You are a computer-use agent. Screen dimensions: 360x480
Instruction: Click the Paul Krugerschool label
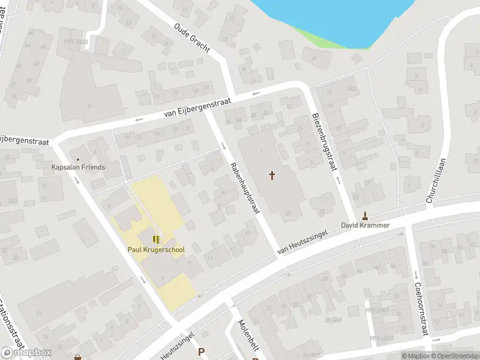(156, 250)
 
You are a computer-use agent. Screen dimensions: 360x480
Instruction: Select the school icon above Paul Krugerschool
(156, 240)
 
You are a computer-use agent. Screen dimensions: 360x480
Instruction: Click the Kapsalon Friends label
(78, 167)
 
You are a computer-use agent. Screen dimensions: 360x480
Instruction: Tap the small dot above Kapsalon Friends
(78, 159)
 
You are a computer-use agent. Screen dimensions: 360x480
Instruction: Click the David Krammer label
(365, 226)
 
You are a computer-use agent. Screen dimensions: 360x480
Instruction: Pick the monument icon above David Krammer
(365, 216)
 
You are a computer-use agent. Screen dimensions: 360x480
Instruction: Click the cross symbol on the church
(272, 175)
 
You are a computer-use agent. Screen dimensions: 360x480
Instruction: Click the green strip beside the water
(318, 36)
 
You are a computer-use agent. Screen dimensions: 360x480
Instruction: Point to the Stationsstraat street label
(12, 324)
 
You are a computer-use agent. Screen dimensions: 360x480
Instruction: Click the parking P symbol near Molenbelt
(202, 352)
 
